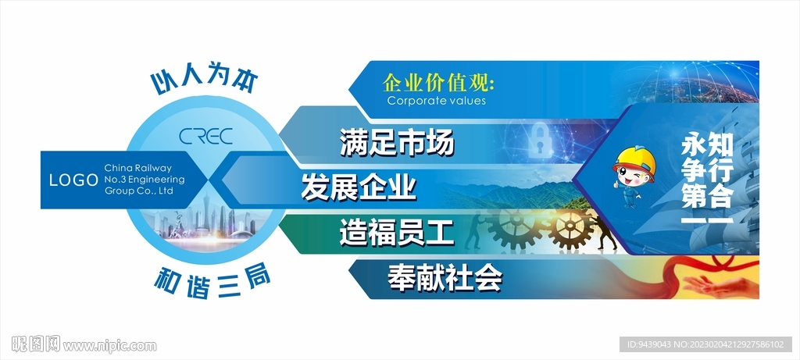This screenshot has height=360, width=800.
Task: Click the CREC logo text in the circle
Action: (x=205, y=136)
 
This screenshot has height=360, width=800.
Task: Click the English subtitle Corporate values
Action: (x=436, y=101)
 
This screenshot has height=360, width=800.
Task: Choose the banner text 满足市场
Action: (x=397, y=144)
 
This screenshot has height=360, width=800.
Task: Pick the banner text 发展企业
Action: (x=359, y=187)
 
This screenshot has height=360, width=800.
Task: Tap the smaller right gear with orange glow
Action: (x=570, y=228)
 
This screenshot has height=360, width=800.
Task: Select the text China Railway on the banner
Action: (x=137, y=168)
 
